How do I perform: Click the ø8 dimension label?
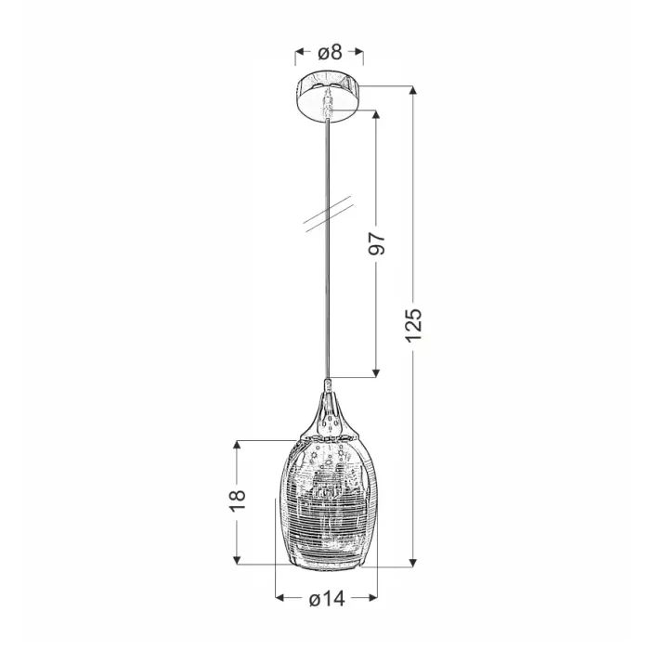(x=330, y=52)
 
